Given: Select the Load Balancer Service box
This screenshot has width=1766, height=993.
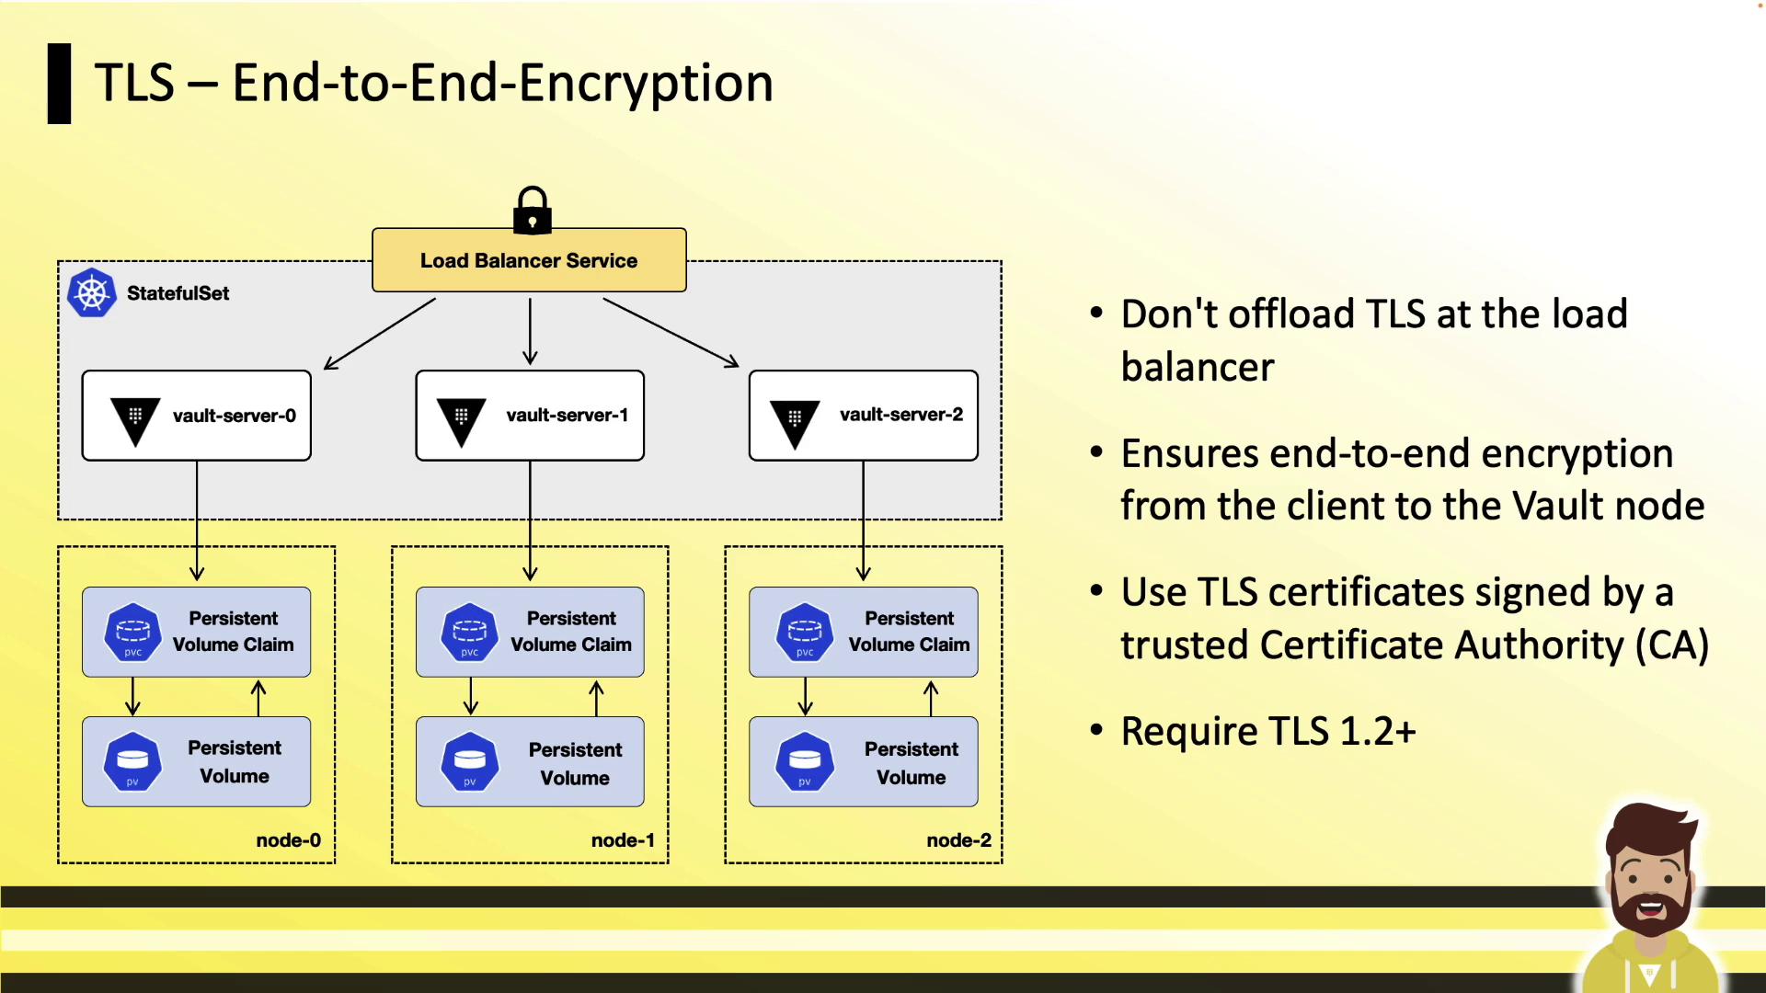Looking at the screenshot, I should tap(529, 260).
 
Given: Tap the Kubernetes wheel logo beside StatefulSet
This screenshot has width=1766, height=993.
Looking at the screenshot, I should tap(92, 293).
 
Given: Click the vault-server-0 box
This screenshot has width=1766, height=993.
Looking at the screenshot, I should tap(197, 416).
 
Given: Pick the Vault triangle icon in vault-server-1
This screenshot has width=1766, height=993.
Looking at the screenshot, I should tap(461, 420).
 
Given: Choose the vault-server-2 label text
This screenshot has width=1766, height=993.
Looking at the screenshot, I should tap(900, 415).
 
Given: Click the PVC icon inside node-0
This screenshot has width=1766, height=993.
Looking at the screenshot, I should tap(132, 632).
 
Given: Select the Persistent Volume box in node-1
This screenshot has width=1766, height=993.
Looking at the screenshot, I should tap(530, 762).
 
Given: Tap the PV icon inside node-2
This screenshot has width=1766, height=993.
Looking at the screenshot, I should tap(805, 761).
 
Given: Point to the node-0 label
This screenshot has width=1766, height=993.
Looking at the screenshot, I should tap(288, 840).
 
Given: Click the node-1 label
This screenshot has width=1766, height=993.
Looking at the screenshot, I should tap(623, 840).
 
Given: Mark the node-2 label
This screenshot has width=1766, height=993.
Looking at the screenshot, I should tap(958, 840).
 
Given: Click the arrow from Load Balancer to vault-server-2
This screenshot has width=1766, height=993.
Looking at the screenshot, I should tap(671, 332).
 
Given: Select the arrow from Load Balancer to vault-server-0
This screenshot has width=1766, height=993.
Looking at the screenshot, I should tap(380, 333).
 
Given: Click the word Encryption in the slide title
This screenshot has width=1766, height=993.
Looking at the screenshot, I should tap(646, 83).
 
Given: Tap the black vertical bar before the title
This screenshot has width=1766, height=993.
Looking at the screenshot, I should tap(60, 84).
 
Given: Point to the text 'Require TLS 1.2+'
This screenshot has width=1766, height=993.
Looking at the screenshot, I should tap(1267, 732).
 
